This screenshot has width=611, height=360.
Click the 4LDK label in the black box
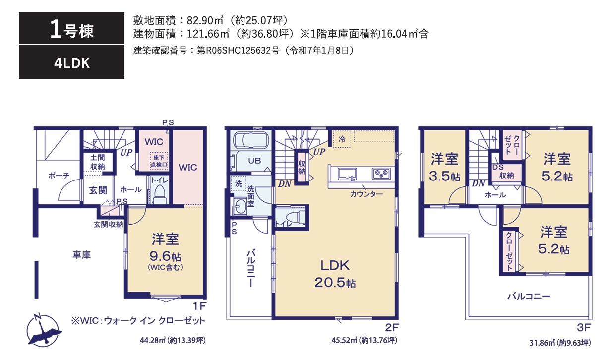coord(72,63)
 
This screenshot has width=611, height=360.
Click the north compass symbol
coord(44,329)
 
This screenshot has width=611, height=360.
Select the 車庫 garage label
coord(82,255)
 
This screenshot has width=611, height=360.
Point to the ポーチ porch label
coord(59,175)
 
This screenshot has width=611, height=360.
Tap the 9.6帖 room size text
coord(165,256)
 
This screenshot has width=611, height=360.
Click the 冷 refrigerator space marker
coord(342,140)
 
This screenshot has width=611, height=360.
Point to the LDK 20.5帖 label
coord(335,273)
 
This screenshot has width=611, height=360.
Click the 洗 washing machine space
coord(239,183)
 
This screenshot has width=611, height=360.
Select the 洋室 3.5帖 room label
coord(444,167)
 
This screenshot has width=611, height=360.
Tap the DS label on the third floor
coord(498,167)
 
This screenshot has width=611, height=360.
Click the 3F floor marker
coord(584,327)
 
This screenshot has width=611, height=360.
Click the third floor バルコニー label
coord(529,297)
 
